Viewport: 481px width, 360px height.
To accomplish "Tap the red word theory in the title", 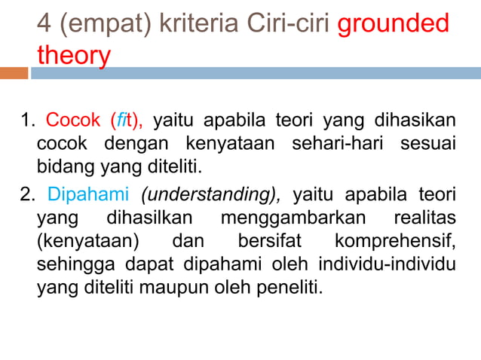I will coord(73,55).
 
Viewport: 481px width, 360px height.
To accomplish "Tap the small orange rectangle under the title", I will coord(14,73).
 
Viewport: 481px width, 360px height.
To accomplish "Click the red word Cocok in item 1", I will coord(72,121).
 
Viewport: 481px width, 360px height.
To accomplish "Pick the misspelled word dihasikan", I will coord(415,121).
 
